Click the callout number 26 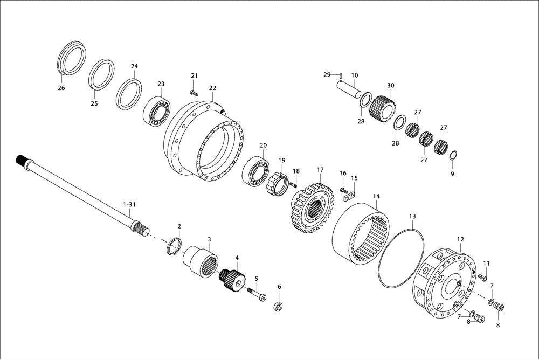(61, 87)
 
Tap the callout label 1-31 (129, 205)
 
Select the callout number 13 (412, 216)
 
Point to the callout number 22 (212, 88)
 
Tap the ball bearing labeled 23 (157, 111)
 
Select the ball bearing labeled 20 (257, 171)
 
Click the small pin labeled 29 (341, 75)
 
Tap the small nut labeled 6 (279, 307)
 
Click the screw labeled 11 (482, 278)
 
